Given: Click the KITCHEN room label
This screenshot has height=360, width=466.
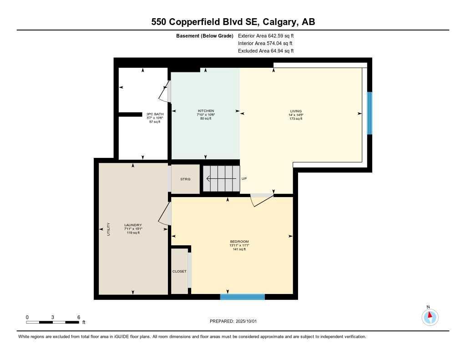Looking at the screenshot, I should pyautogui.click(x=206, y=111).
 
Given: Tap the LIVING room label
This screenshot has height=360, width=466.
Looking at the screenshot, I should pyautogui.click(x=296, y=111).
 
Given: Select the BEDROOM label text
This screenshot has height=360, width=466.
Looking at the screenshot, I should pyautogui.click(x=239, y=242).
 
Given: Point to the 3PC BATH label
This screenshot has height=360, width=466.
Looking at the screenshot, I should pyautogui.click(x=155, y=114).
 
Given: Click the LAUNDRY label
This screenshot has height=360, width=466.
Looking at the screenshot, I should pyautogui.click(x=133, y=225).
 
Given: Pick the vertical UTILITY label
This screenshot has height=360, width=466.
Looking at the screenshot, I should pyautogui.click(x=108, y=228).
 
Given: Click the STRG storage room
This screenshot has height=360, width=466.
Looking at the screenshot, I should pyautogui.click(x=185, y=179).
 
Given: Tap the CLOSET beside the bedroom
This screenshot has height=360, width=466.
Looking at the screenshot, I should pyautogui.click(x=179, y=272).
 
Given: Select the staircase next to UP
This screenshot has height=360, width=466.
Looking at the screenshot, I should pyautogui.click(x=221, y=179).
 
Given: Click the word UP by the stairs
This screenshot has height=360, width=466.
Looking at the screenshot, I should pyautogui.click(x=244, y=179).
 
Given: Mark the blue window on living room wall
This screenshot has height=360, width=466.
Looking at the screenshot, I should pyautogui.click(x=370, y=113).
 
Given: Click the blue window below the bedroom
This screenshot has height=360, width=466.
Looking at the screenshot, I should pyautogui.click(x=242, y=297).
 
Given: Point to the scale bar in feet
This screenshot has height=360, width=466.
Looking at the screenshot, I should pyautogui.click(x=53, y=322).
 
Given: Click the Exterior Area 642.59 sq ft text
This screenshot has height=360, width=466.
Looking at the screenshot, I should pyautogui.click(x=266, y=35).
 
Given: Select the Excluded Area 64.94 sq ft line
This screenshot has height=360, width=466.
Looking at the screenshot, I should pyautogui.click(x=266, y=51).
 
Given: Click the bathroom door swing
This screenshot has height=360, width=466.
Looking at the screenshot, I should pyautogui.click(x=164, y=93).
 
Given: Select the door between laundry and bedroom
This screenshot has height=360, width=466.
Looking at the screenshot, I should pyautogui.click(x=165, y=213).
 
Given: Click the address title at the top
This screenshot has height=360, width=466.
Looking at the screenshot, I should pyautogui.click(x=233, y=22).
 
